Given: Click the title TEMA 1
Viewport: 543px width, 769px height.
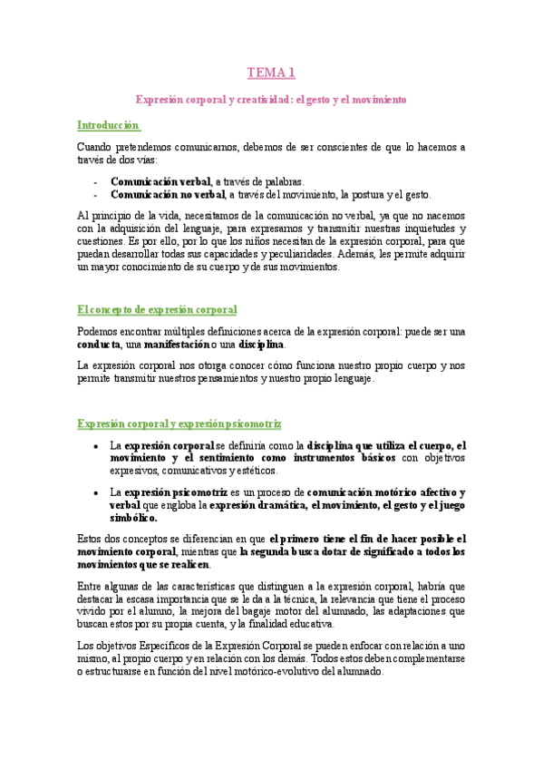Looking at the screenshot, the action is (x=271, y=73).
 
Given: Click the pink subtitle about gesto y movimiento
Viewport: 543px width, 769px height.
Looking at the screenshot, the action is (x=271, y=99).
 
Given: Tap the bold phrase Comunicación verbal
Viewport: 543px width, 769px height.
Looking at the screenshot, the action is (x=160, y=181).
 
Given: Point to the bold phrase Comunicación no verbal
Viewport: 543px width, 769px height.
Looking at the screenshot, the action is (x=168, y=194).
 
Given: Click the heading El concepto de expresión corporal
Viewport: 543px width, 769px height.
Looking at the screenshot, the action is (x=157, y=309).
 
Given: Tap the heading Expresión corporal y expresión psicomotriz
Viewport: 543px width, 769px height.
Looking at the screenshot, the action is (x=179, y=423).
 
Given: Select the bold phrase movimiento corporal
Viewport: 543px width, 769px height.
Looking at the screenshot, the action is (x=129, y=551).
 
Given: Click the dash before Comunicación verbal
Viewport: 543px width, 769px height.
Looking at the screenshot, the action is (x=96, y=181).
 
